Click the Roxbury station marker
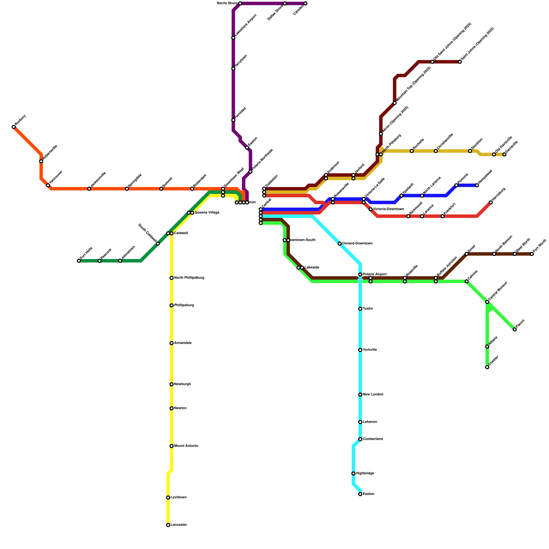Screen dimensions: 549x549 (x=14, y=127)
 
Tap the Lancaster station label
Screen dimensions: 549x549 (x=179, y=525)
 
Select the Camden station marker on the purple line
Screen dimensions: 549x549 (x=305, y=4)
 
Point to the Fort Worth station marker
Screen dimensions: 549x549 (x=532, y=254)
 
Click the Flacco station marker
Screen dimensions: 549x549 (x=515, y=329)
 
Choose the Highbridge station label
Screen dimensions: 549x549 (x=365, y=474)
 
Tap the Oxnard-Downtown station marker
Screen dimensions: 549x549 (x=340, y=244)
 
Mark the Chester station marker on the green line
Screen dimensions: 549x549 (x=487, y=367)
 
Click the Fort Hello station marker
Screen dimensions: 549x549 (x=79, y=261)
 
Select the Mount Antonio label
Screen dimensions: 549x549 (x=186, y=446)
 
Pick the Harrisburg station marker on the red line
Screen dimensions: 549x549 (x=491, y=202)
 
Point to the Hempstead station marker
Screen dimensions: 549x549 (x=477, y=185)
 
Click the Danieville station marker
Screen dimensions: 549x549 (x=504, y=154)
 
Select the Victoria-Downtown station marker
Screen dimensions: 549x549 (x=371, y=209)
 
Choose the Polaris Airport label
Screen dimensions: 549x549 (x=375, y=274)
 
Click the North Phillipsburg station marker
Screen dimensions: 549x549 (x=172, y=278)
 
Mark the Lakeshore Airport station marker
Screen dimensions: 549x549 (x=233, y=38)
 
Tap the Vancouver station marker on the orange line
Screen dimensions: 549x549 (x=48, y=185)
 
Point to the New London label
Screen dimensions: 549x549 (x=373, y=395)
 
